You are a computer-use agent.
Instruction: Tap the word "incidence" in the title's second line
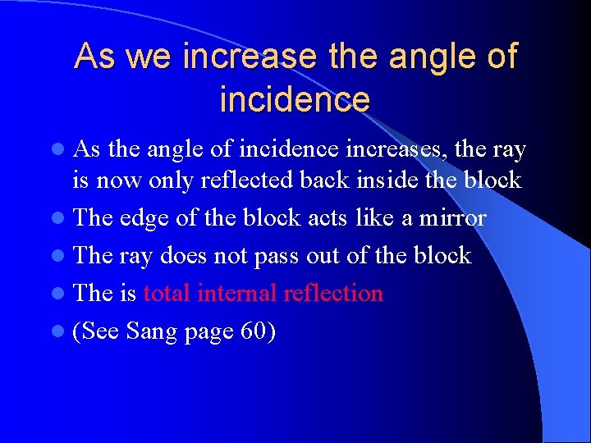coord(295,99)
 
